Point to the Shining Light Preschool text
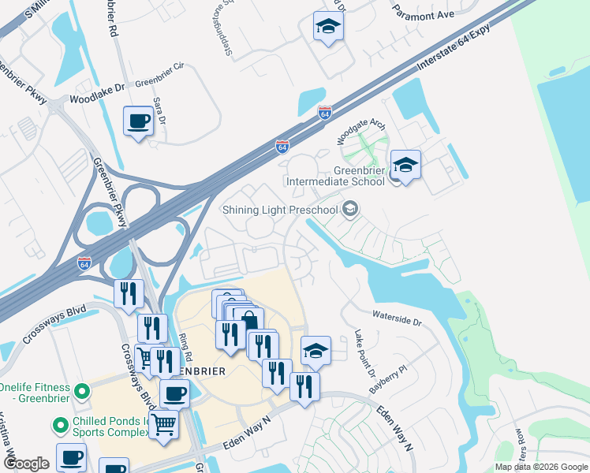click(x=280, y=210)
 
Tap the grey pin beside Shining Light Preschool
click(x=351, y=210)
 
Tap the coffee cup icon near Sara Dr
click(x=140, y=121)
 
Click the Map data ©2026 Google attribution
click(x=540, y=467)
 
